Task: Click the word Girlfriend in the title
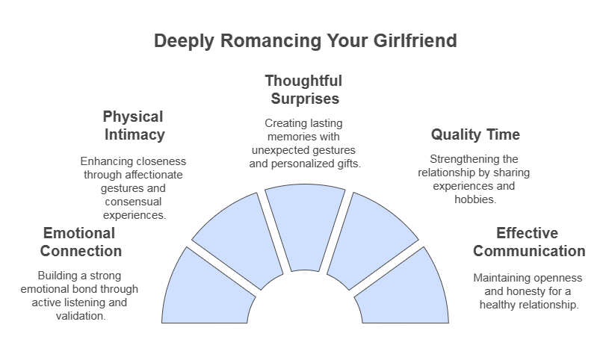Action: point(415,40)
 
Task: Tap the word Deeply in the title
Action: point(184,41)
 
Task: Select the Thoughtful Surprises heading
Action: point(304,90)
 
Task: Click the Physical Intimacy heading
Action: point(134,125)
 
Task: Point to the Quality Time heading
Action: point(475,134)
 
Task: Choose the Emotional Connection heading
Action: point(81,242)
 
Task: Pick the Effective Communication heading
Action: point(529,242)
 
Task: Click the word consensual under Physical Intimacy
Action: point(133,202)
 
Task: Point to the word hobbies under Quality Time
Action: point(474,199)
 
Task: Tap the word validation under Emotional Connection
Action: point(80,316)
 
